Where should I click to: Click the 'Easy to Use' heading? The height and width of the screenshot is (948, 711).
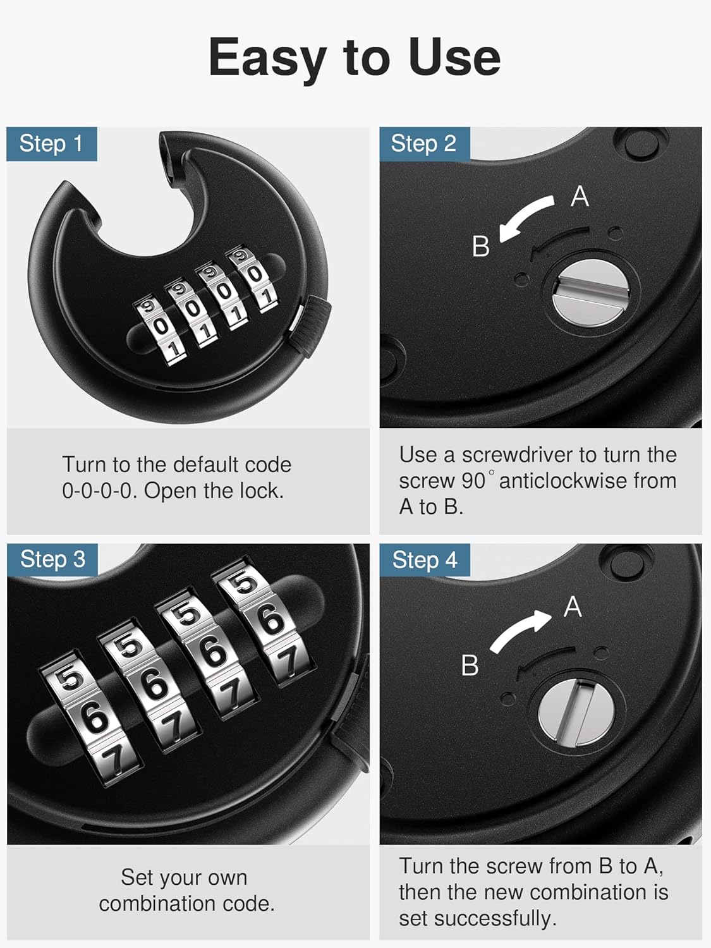(x=355, y=57)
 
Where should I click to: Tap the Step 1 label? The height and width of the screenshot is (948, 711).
(x=51, y=143)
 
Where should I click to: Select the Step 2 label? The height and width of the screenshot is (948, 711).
(x=423, y=143)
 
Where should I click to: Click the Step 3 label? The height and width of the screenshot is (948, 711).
(x=52, y=559)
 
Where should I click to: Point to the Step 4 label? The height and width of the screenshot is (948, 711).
(x=424, y=560)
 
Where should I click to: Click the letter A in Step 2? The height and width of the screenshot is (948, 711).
(x=580, y=197)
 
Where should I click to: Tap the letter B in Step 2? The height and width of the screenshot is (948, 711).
(x=481, y=246)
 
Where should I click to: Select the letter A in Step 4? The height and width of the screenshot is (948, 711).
(x=573, y=607)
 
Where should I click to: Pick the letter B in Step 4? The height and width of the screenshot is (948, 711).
(x=470, y=665)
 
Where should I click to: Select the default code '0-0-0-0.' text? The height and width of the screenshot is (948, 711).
(x=100, y=491)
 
